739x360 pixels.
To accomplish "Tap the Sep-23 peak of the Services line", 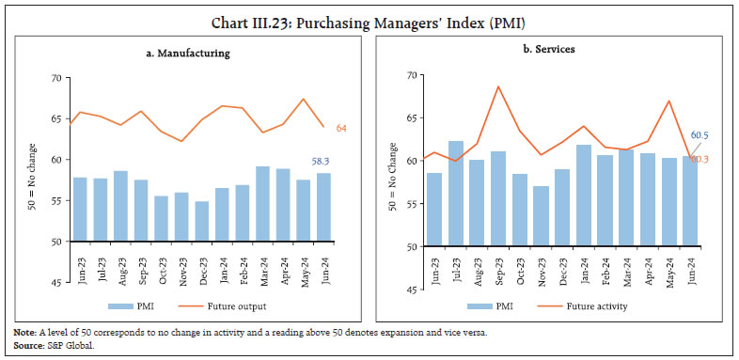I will point(497,86).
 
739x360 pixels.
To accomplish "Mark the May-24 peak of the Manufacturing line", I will point(303,99).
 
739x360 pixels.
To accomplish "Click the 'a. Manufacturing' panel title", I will point(188,54).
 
